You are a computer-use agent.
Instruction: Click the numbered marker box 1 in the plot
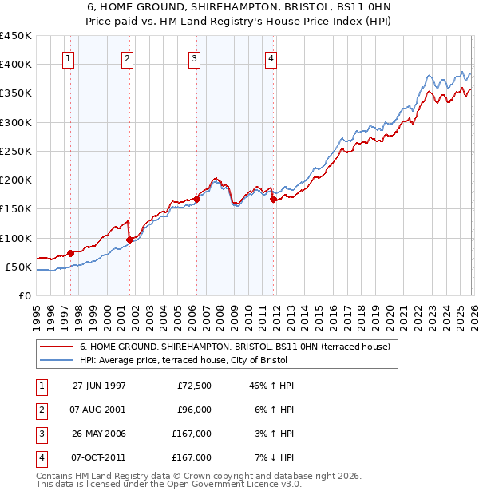point(68,57)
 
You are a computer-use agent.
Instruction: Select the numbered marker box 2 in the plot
point(127,57)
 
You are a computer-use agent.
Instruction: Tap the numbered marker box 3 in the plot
point(194,57)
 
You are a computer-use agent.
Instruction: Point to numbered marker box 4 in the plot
point(271,57)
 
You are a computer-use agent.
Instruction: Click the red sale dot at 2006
point(196,200)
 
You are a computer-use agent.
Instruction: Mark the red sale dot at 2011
point(273,200)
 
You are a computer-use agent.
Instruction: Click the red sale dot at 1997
point(71,253)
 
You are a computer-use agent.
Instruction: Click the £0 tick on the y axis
point(25,295)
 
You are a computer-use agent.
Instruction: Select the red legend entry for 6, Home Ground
point(234,346)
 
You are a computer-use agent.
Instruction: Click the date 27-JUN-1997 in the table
point(99,386)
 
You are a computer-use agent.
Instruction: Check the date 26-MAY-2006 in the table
point(99,434)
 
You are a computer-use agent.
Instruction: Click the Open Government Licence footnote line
point(169,484)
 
